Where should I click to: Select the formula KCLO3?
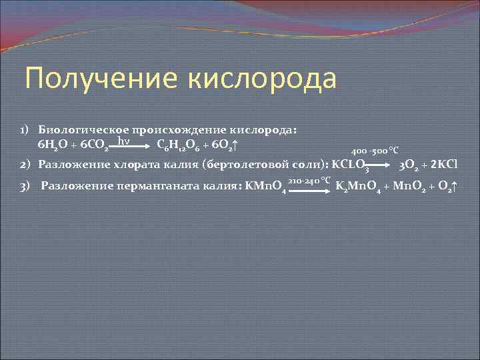(350, 164)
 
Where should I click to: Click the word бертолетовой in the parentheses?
(249, 164)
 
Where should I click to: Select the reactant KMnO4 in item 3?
(267, 185)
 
